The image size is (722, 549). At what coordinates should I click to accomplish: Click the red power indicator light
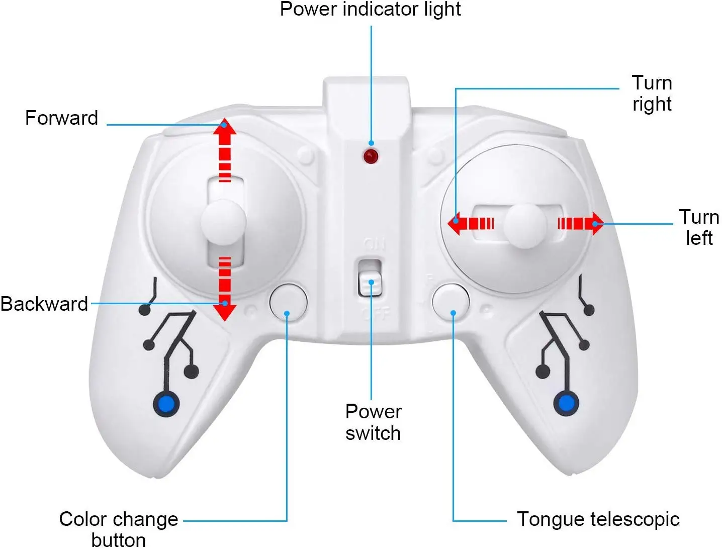tap(371, 156)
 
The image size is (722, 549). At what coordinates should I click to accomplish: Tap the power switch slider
tap(371, 283)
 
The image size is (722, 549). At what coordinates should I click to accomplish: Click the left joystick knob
tap(223, 222)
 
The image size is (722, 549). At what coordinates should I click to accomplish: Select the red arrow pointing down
tap(225, 289)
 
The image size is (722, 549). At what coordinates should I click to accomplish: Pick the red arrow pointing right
tap(581, 223)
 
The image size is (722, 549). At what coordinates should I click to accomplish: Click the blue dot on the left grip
tap(166, 404)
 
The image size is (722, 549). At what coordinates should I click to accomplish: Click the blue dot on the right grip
tap(566, 403)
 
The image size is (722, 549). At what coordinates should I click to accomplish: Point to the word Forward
tap(61, 118)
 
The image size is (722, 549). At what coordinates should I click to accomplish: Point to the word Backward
tap(44, 304)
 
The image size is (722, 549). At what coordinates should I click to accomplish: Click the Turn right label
tap(652, 94)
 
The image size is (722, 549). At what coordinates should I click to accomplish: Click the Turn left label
tap(699, 227)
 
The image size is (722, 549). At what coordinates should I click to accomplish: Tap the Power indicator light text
tap(370, 9)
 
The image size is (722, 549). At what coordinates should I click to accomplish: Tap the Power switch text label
tap(373, 422)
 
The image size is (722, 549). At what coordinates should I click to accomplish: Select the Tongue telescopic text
tap(598, 519)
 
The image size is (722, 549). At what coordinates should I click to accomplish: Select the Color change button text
tap(119, 528)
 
